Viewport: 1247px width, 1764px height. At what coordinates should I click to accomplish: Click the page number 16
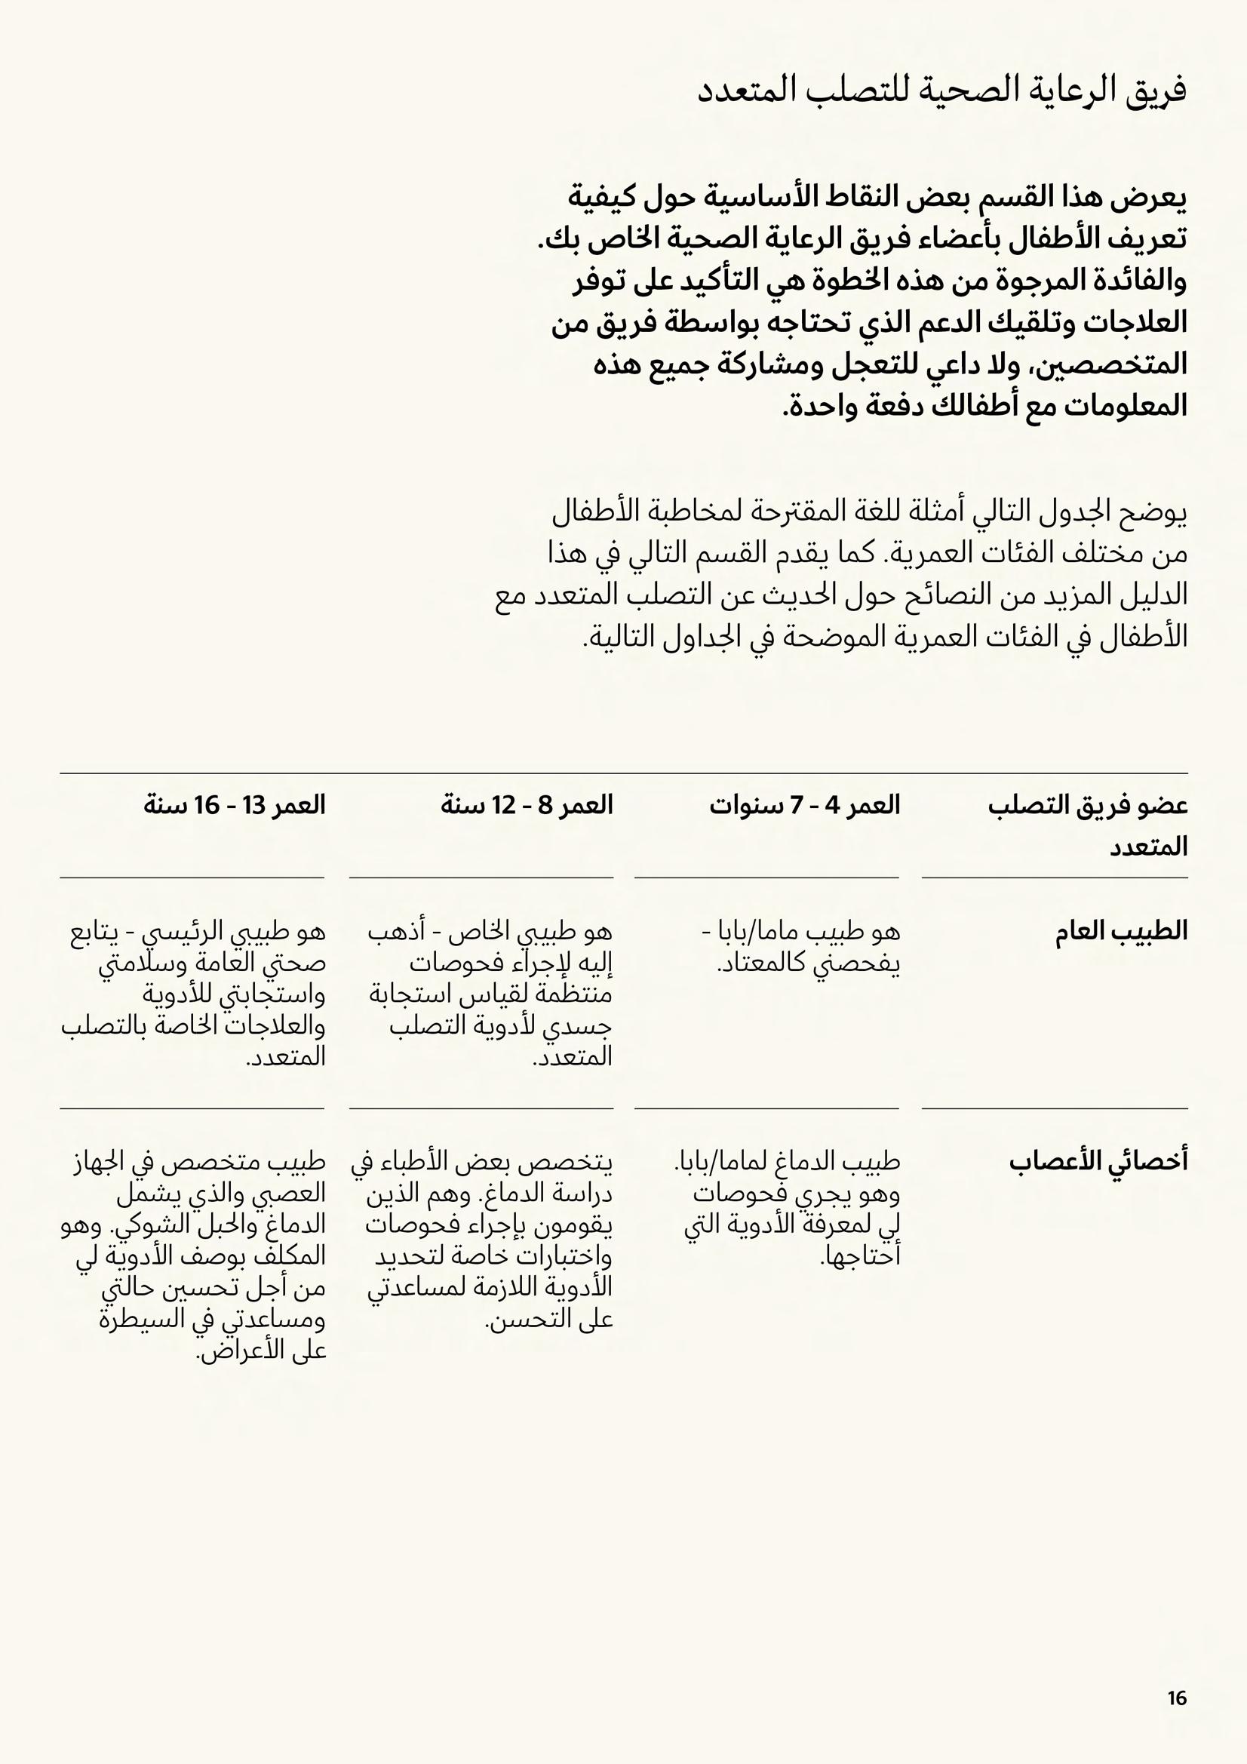tap(1177, 1698)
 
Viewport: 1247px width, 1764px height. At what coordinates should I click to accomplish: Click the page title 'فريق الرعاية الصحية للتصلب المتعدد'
tap(942, 91)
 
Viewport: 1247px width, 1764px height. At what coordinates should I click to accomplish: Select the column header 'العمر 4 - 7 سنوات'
tap(804, 805)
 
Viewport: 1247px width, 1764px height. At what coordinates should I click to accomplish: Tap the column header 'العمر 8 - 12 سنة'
tap(527, 805)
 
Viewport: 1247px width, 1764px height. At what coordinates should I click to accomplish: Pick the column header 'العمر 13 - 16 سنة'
tap(235, 805)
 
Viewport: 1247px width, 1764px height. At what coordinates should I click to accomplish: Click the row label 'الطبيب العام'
tap(1121, 931)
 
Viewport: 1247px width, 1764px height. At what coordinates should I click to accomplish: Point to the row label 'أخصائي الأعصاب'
tap(1098, 1161)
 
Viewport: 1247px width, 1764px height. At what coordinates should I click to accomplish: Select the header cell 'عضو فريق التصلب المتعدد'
tap(1088, 826)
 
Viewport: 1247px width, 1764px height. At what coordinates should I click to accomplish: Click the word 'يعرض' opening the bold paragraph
tap(1157, 198)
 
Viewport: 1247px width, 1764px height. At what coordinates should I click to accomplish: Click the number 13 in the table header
tap(253, 805)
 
